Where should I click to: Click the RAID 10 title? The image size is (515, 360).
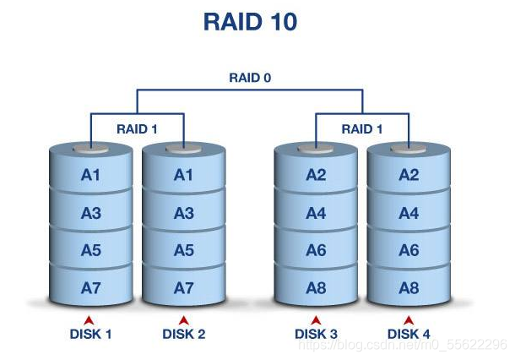click(250, 22)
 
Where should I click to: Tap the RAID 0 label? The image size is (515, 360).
click(250, 78)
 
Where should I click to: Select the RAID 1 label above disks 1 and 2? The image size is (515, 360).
click(137, 129)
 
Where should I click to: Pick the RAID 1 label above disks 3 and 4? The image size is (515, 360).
click(362, 129)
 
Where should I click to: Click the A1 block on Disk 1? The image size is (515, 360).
click(91, 176)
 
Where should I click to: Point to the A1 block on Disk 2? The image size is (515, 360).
click(183, 176)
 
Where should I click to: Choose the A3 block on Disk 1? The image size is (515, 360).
click(91, 214)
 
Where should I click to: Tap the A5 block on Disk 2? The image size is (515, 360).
click(183, 251)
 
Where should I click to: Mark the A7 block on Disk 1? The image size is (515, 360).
click(91, 288)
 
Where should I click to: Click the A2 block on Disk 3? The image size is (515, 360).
click(316, 176)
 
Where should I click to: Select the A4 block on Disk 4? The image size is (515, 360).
click(409, 214)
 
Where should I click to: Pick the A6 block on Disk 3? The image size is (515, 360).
click(316, 251)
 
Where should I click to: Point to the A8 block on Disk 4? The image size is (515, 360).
click(409, 288)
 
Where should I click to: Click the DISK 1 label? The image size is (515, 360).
click(91, 334)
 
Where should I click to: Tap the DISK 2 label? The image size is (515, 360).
click(183, 334)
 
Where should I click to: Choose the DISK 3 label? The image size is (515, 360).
click(316, 334)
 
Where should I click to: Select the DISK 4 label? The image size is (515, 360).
click(409, 334)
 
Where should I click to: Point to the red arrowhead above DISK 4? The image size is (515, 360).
click(409, 319)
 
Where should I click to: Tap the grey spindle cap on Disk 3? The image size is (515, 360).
click(316, 150)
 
